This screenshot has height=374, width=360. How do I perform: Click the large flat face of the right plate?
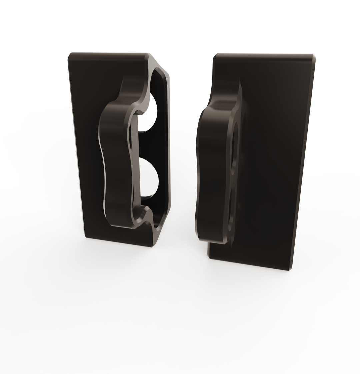coord(273,160)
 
